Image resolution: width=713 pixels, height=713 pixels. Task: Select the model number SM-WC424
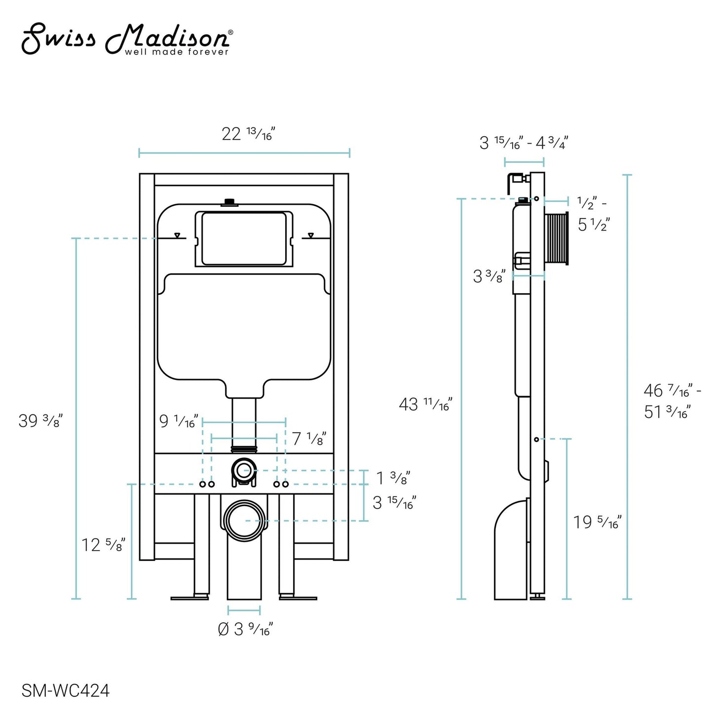tap(66, 690)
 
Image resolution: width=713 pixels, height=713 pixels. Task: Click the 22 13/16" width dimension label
tap(248, 134)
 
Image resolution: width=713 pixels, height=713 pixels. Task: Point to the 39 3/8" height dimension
tap(40, 421)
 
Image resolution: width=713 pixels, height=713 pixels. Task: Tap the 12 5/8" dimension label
tap(103, 545)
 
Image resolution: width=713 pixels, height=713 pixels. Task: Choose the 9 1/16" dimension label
tap(178, 422)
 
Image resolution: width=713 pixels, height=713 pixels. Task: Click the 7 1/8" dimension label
tap(309, 438)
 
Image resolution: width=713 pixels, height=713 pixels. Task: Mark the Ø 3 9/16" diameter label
tap(245, 629)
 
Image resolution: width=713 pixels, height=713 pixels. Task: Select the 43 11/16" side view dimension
tap(425, 405)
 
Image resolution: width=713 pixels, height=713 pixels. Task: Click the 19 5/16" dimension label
tap(597, 522)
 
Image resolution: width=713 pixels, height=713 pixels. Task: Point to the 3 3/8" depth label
tap(489, 276)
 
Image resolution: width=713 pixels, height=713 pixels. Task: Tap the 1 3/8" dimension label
tap(393, 478)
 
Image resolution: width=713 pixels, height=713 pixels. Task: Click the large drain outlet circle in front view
tap(245, 521)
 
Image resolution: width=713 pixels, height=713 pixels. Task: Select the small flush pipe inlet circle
tap(243, 470)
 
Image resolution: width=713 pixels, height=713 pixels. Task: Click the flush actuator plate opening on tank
tap(244, 238)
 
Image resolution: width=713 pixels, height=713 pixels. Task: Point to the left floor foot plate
tap(189, 598)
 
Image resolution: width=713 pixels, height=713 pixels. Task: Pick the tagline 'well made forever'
tap(177, 52)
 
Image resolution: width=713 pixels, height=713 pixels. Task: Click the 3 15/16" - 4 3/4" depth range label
tap(524, 143)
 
